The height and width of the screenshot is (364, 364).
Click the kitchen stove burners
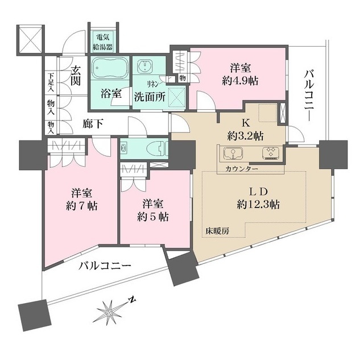click(x=269, y=153)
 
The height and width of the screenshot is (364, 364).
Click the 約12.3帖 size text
click(x=258, y=204)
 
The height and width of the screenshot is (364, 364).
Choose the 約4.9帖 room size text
click(x=241, y=80)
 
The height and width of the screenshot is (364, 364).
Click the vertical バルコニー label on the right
click(x=309, y=94)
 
